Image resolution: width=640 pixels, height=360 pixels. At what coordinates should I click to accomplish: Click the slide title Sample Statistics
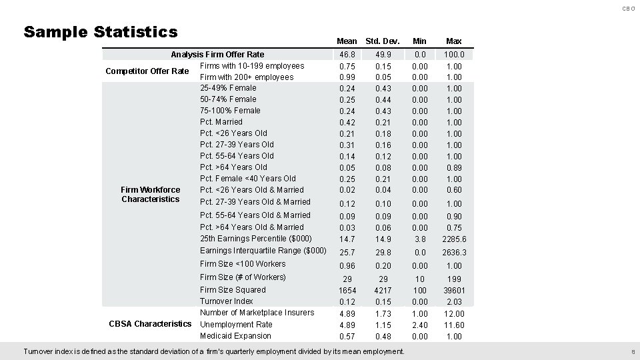[x=101, y=32]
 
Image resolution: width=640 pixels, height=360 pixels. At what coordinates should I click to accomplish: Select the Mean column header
[x=347, y=41]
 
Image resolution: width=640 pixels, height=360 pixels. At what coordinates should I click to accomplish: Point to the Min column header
[x=419, y=41]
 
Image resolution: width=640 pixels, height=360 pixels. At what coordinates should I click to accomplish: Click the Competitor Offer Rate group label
[x=147, y=71]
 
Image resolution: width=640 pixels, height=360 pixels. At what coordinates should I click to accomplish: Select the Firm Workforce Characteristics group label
[x=151, y=195]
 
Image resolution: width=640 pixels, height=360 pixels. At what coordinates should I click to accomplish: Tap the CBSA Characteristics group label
[x=150, y=324]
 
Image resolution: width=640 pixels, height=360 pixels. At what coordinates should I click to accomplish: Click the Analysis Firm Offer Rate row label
[x=217, y=55]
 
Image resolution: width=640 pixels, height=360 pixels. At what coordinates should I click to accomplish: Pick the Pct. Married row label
[x=221, y=122]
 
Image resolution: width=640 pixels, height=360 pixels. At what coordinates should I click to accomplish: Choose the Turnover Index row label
[x=227, y=301]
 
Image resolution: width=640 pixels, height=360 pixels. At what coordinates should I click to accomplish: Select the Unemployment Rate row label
[x=236, y=324]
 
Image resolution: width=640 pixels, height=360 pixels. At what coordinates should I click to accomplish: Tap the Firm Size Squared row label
[x=233, y=290]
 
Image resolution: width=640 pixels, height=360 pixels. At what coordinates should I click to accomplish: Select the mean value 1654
[x=347, y=291]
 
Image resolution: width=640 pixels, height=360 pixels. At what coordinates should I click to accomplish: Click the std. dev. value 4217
[x=383, y=291]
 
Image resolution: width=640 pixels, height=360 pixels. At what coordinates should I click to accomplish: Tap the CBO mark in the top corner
[x=629, y=8]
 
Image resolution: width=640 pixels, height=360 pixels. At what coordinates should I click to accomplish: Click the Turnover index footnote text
[x=213, y=351]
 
